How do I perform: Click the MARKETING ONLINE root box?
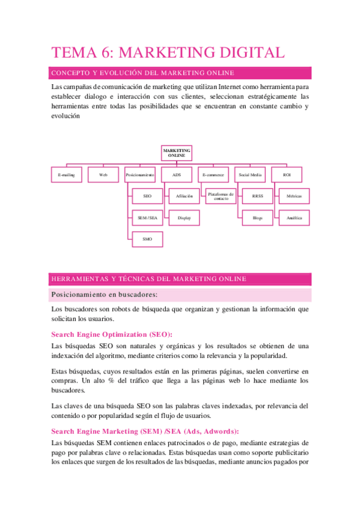[177, 153]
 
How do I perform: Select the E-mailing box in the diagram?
[66, 174]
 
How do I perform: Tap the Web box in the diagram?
[103, 174]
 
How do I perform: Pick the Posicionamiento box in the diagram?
[141, 174]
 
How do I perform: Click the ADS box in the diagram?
[177, 174]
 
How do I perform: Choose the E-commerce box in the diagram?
[213, 174]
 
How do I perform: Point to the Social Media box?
[250, 174]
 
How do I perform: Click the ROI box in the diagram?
[287, 174]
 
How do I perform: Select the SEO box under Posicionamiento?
[148, 196]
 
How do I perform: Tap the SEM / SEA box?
[148, 218]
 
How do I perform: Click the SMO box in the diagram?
[148, 239]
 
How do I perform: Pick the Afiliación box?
[185, 196]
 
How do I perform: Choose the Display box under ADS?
[185, 218]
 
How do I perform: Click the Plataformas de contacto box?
[221, 196]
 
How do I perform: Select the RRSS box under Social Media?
[258, 196]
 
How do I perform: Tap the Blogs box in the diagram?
[258, 218]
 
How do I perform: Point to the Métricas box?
[294, 196]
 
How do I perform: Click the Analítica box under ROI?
[294, 218]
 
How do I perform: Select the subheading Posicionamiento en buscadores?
[105, 295]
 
